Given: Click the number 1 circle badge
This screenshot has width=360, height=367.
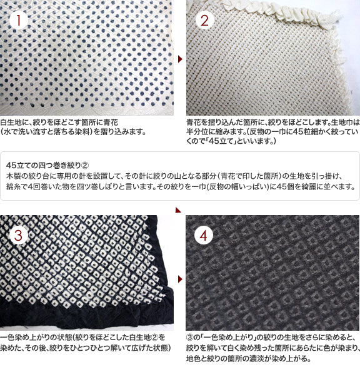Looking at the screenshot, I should (x=19, y=20).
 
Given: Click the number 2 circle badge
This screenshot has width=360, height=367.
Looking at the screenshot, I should (x=204, y=20).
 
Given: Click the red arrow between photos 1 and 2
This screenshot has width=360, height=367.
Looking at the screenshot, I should (x=180, y=59).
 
